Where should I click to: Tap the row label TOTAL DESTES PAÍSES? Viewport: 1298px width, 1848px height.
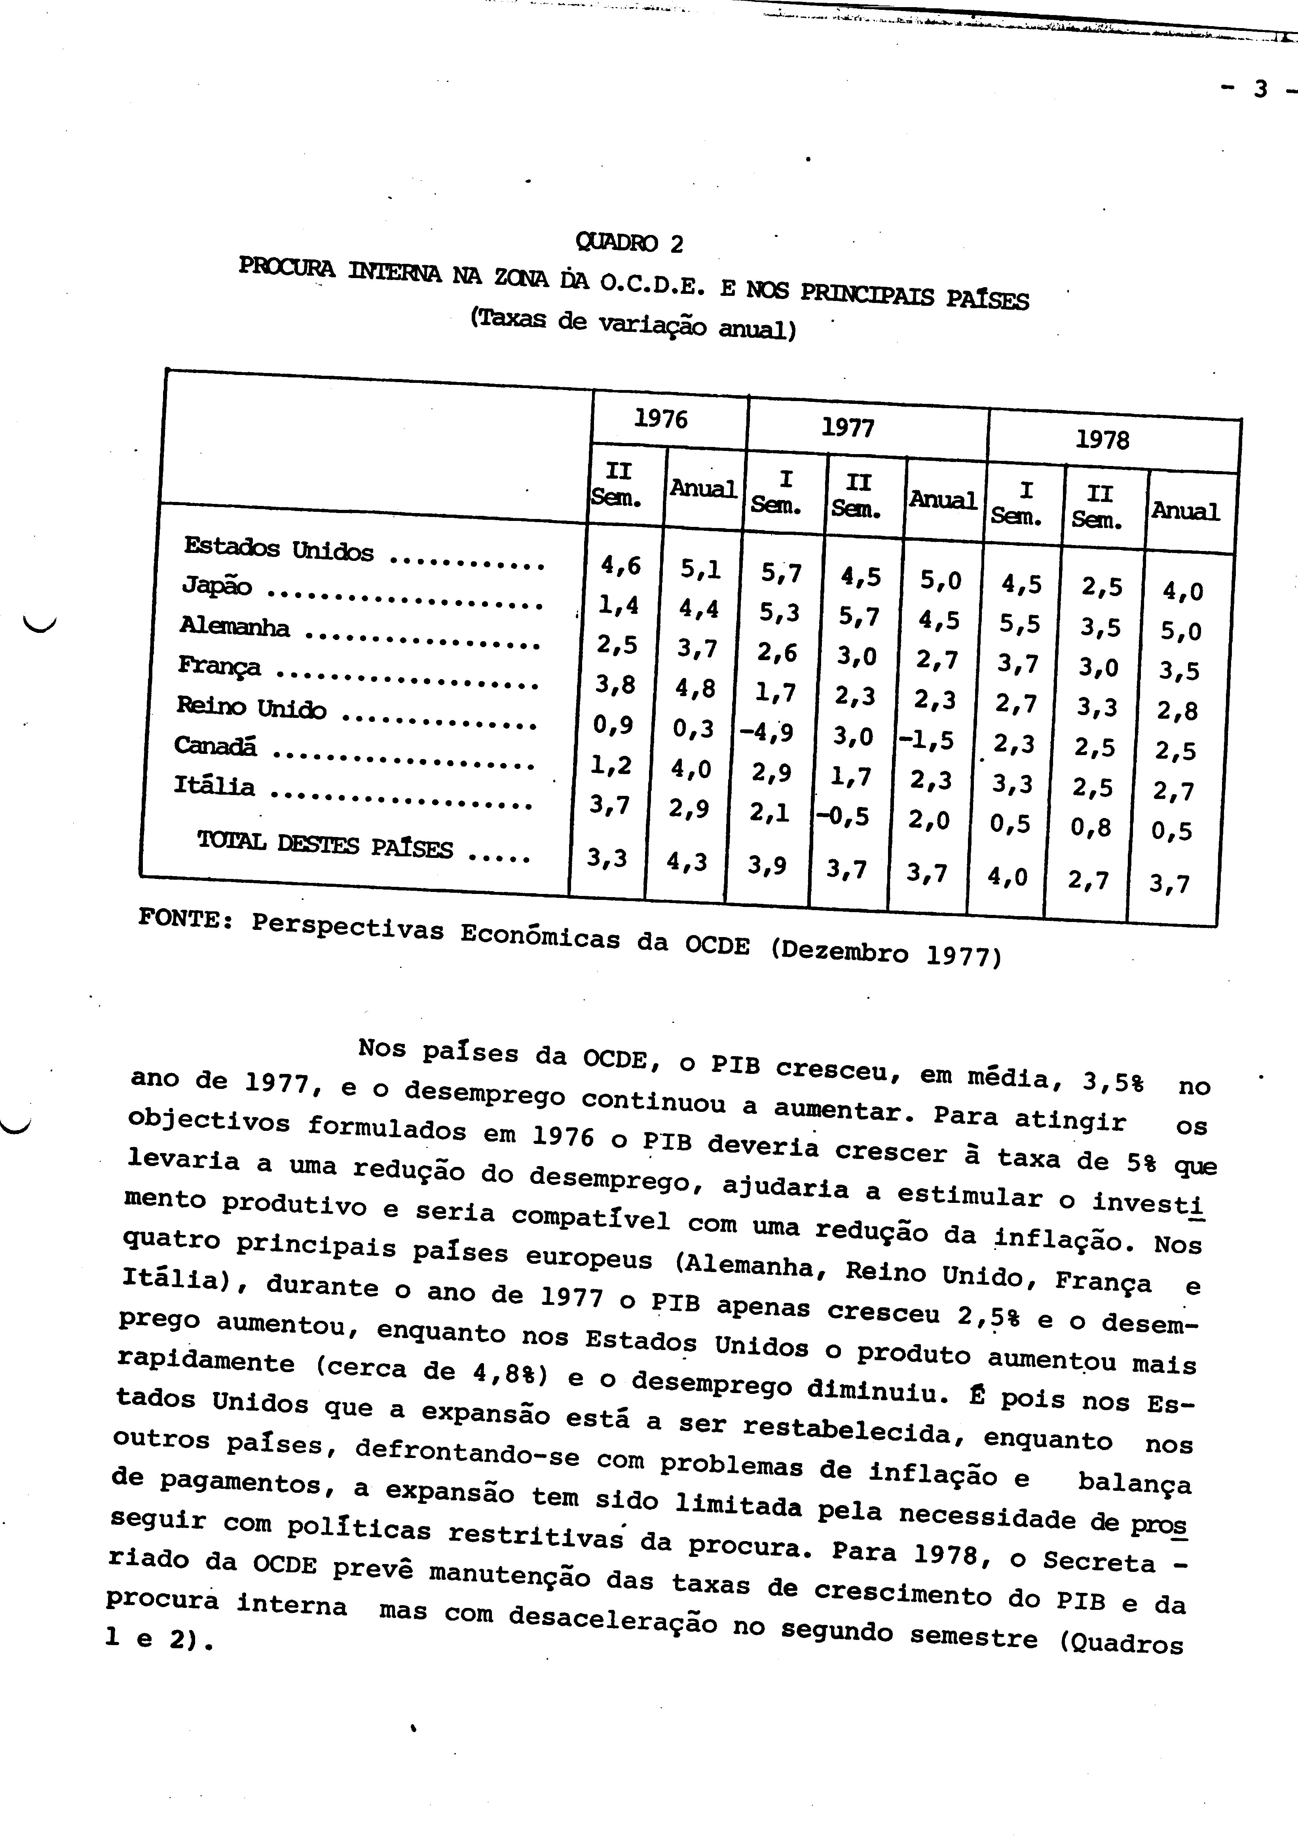(x=325, y=844)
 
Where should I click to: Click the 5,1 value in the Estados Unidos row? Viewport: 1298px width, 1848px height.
(x=700, y=569)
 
